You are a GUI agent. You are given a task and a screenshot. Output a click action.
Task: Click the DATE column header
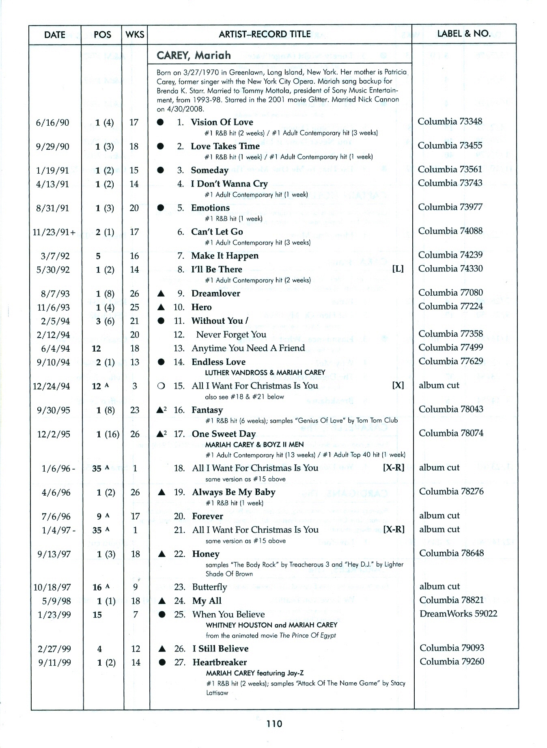click(x=54, y=35)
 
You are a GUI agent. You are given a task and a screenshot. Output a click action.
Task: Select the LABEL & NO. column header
click(x=464, y=34)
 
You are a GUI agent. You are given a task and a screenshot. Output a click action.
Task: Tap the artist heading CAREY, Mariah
click(x=194, y=55)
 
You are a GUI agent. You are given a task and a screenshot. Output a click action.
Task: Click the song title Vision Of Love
click(x=222, y=122)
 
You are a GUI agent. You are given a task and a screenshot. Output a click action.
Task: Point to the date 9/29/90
click(x=52, y=146)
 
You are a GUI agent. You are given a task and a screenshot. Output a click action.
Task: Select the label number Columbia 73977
click(x=450, y=207)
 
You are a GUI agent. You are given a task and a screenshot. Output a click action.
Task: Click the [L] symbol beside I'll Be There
click(x=398, y=269)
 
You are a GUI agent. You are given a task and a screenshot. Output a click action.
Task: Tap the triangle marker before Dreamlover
click(x=161, y=293)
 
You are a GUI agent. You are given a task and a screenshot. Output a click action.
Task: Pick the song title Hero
click(x=201, y=307)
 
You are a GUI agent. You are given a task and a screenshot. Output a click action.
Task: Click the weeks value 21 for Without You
click(x=134, y=321)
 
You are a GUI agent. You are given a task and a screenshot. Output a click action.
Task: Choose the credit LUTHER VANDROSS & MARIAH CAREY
click(x=265, y=372)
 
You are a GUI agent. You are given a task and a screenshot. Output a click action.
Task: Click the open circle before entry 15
click(x=161, y=386)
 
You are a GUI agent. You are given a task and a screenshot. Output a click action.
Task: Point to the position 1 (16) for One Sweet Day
click(x=108, y=434)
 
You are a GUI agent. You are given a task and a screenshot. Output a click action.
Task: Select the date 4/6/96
click(x=56, y=492)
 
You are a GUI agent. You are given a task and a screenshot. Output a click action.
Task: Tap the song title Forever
click(x=207, y=516)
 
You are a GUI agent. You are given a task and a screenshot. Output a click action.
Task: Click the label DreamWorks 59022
click(x=458, y=613)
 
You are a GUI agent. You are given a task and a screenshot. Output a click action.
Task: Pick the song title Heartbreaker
click(x=220, y=662)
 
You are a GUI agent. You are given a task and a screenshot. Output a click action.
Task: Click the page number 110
click(x=274, y=723)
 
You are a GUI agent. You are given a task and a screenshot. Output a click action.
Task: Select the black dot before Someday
click(x=160, y=170)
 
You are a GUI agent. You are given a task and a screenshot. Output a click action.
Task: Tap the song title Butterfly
click(x=209, y=587)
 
